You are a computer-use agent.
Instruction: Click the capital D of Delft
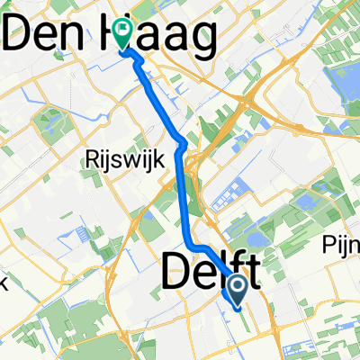[176, 272]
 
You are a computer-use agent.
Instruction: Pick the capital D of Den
[19, 38]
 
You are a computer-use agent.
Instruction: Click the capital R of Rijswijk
[89, 160]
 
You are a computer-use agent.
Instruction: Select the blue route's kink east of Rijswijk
[184, 143]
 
